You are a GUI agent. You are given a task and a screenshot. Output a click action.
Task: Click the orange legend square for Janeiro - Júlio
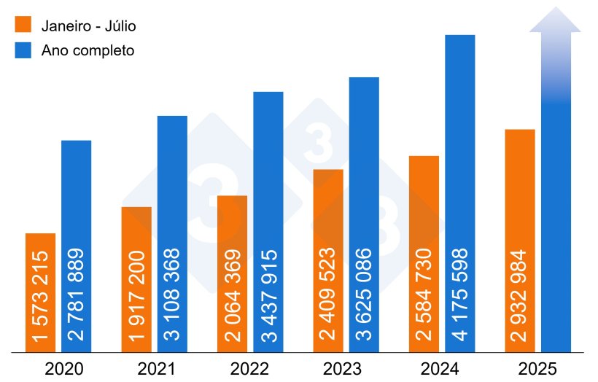(24, 25)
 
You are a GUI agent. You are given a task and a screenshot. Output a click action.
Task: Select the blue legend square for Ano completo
(24, 50)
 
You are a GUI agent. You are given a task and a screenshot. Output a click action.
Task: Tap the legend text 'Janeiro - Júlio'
(89, 26)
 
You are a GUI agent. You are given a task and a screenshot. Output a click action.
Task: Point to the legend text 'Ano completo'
(88, 51)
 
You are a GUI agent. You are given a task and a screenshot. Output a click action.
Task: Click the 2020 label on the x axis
(64, 368)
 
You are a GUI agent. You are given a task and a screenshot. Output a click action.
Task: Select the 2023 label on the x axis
(352, 368)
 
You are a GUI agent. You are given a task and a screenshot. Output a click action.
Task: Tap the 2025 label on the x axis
(543, 368)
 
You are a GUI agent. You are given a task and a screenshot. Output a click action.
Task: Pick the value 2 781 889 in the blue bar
(77, 295)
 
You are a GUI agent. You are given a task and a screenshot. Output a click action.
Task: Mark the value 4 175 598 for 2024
(460, 295)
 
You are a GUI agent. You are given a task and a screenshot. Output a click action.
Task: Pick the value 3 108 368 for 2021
(172, 295)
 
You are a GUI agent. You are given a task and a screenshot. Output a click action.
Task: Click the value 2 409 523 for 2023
(328, 295)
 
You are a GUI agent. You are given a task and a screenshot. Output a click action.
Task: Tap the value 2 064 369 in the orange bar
(233, 295)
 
